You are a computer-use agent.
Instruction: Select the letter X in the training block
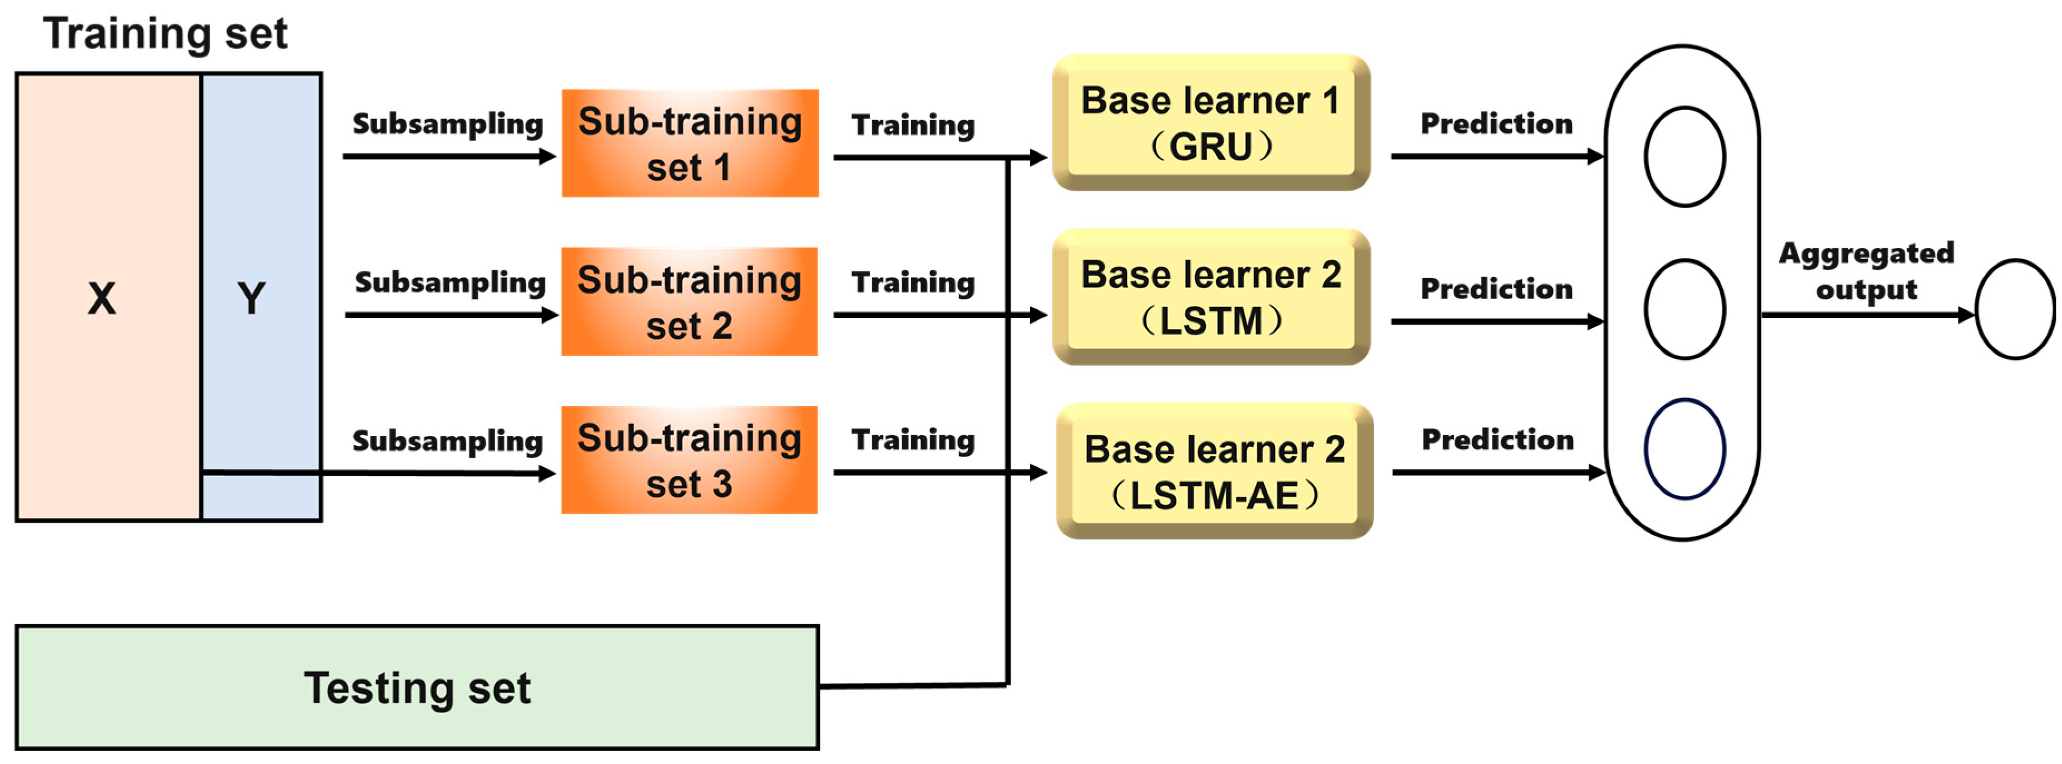102,299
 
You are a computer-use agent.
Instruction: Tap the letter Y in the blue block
251,299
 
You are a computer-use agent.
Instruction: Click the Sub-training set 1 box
690,143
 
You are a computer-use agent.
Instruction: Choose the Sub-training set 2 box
689,301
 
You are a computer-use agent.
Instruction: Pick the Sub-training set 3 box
689,460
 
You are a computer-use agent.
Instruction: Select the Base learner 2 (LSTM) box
1211,297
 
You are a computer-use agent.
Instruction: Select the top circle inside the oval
1685,157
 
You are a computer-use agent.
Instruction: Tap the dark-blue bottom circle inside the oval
1685,449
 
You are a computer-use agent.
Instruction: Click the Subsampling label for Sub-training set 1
447,124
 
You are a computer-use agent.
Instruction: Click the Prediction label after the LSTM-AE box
1497,439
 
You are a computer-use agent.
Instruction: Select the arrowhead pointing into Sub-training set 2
550,315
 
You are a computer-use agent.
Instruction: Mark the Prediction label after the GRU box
1497,123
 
